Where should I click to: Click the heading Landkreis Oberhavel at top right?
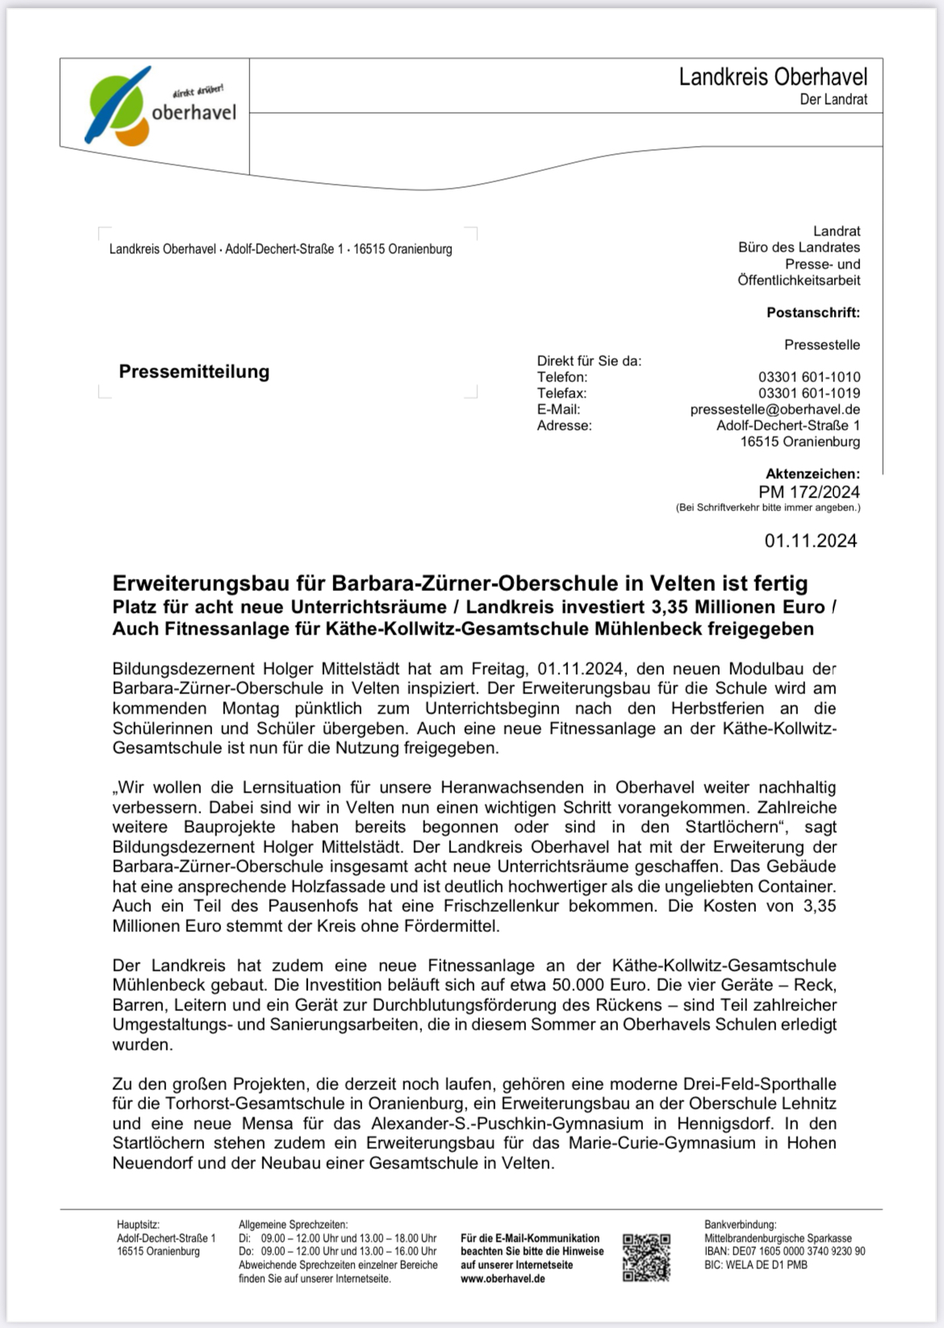point(772,77)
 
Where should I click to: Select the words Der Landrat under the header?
point(833,100)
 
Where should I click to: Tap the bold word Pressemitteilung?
point(194,372)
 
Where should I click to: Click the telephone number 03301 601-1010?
point(808,377)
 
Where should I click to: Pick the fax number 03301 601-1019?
point(808,393)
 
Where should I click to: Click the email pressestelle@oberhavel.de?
point(775,410)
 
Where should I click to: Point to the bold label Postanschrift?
point(812,313)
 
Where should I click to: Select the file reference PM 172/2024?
point(808,492)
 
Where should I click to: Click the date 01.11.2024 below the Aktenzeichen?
point(810,541)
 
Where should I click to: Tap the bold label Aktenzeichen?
point(812,474)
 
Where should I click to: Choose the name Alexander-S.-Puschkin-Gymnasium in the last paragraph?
point(507,1124)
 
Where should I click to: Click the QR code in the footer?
point(646,1258)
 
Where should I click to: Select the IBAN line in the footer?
point(784,1252)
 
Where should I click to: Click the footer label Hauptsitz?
point(138,1225)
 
